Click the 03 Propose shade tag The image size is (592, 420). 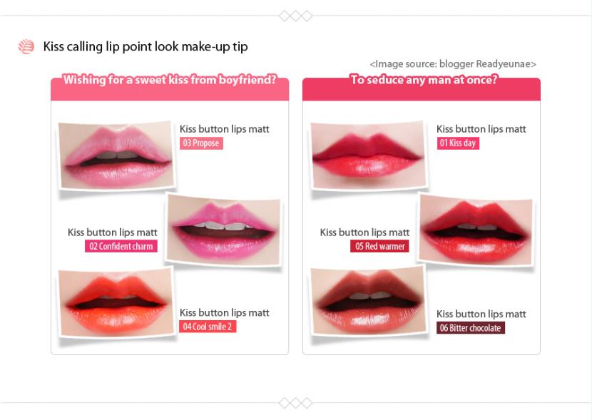pyautogui.click(x=201, y=143)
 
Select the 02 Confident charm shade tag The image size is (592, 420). pyautogui.click(x=121, y=246)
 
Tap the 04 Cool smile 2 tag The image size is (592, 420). pyautogui.click(x=208, y=327)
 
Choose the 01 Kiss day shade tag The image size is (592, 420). pyautogui.click(x=458, y=143)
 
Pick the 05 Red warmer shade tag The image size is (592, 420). pyautogui.click(x=379, y=246)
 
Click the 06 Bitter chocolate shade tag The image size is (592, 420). pyautogui.click(x=471, y=327)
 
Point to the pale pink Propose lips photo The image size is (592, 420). pyautogui.click(x=116, y=155)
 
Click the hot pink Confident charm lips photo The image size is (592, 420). pyautogui.click(x=224, y=230)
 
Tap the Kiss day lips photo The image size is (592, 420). pyautogui.click(x=368, y=155)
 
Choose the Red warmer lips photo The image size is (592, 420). pyautogui.click(x=476, y=230)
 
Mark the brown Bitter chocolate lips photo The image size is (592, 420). pyautogui.click(x=368, y=302)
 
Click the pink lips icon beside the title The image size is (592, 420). pyautogui.click(x=26, y=46)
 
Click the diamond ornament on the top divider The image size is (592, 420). pyautogui.click(x=295, y=16)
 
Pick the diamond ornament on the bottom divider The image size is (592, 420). pyautogui.click(x=295, y=403)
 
